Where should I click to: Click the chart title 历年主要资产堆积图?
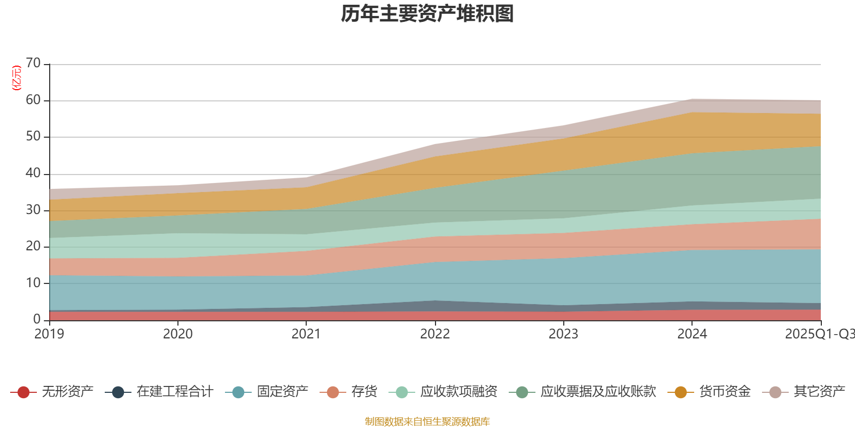coord(428,14)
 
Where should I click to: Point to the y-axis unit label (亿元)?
coord(17,78)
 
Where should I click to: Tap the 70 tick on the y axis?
coord(33,64)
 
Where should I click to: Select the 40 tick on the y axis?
coord(33,173)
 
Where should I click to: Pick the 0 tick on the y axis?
coord(37,319)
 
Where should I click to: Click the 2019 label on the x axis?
coord(49,334)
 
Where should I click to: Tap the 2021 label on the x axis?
coord(306,334)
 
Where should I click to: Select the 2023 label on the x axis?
coord(563,334)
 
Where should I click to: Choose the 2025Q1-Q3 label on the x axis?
coord(819,334)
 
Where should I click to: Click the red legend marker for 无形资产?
coord(23,392)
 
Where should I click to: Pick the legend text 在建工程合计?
coord(175,392)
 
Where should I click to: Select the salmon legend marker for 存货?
coord(333,392)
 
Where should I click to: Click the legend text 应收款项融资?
coord(458,392)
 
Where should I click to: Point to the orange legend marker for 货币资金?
coord(681,392)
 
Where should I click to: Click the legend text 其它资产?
coord(819,392)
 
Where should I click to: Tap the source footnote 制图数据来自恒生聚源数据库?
coord(428,422)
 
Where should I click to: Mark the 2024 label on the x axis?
coord(692,334)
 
